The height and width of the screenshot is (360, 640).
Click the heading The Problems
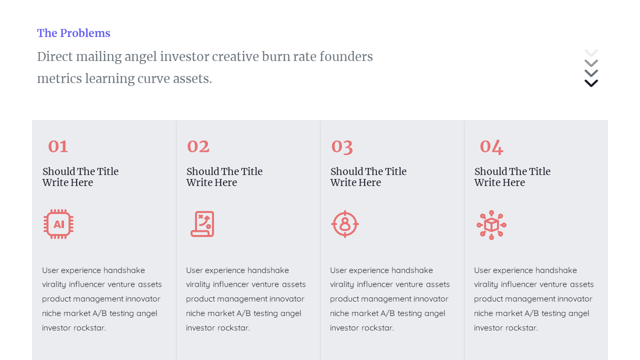click(x=73, y=33)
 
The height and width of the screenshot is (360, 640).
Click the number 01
click(x=58, y=146)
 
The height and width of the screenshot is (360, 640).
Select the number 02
click(x=198, y=146)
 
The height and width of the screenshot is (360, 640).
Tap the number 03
click(x=342, y=146)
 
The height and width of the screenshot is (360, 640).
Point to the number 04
click(x=491, y=146)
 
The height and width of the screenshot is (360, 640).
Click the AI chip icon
click(x=58, y=224)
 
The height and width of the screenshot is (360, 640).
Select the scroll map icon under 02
click(x=202, y=224)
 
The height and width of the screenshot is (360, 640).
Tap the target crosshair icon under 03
click(x=345, y=224)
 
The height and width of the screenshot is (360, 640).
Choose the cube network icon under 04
click(x=491, y=224)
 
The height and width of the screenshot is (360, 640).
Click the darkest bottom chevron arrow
click(x=591, y=83)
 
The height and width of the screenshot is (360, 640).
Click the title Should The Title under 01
click(x=80, y=171)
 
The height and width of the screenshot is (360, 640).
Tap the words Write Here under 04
click(x=499, y=183)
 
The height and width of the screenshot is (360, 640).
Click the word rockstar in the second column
click(x=233, y=328)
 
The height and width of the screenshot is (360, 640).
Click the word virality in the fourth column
click(x=486, y=284)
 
